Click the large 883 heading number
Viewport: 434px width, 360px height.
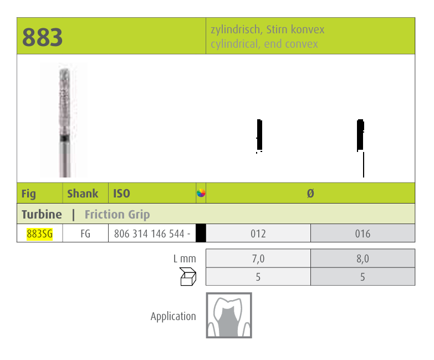(x=43, y=37)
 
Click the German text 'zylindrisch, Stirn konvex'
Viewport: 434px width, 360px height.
(x=267, y=29)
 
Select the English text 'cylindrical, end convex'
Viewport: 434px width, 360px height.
(x=264, y=44)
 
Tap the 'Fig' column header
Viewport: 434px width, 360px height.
(x=28, y=194)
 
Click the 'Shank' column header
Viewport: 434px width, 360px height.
(x=83, y=194)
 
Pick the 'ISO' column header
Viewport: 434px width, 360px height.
(x=121, y=194)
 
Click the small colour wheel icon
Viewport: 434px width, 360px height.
(x=201, y=193)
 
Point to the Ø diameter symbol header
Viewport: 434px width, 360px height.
(x=310, y=194)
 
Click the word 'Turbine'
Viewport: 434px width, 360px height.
(x=42, y=214)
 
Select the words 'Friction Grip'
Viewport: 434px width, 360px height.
(x=117, y=214)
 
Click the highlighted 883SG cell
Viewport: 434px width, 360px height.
(x=40, y=234)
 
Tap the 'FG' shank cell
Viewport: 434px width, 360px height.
(x=85, y=234)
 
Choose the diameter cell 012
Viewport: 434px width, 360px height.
(x=258, y=234)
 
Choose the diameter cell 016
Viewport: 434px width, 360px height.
(x=362, y=234)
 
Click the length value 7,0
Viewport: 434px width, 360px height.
(x=258, y=258)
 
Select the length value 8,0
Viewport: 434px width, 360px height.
(x=362, y=258)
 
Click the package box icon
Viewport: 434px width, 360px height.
(x=188, y=276)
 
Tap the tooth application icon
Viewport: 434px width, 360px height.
(x=229, y=316)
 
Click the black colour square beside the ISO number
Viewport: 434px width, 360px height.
(x=201, y=234)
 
